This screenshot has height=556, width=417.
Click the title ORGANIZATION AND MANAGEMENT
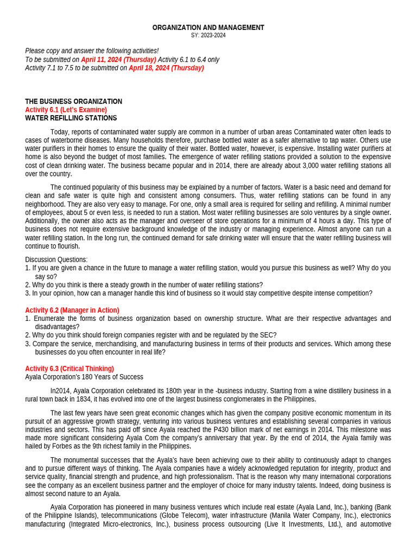[208, 27]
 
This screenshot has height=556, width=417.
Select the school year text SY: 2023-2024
[208, 35]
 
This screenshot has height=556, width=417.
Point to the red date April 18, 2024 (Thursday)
[166, 68]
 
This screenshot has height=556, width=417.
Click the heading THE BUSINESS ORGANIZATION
[73, 102]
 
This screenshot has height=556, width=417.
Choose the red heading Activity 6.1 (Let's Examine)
[66, 110]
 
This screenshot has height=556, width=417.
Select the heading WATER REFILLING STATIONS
[71, 118]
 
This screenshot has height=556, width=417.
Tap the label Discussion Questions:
[56, 260]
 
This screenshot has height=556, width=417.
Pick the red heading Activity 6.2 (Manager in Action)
[72, 310]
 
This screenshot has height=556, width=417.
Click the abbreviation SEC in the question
[270, 335]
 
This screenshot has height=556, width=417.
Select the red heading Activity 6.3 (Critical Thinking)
[69, 369]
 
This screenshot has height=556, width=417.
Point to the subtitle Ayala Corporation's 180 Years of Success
[84, 377]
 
